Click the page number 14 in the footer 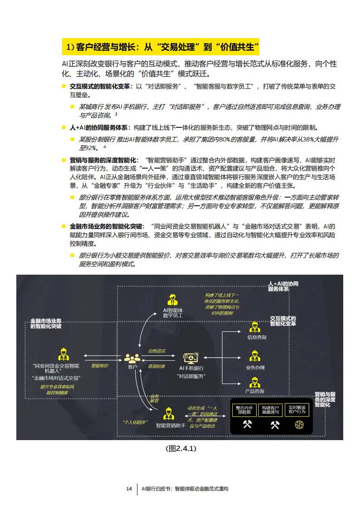coord(129,489)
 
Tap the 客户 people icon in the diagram coord(132,358)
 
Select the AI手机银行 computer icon coord(191,358)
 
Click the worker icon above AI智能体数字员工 coord(172,300)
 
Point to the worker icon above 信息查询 coord(254,327)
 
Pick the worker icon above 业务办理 coord(254,356)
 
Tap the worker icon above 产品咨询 coord(254,382)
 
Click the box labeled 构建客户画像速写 coord(271,409)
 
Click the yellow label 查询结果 coord(156,366)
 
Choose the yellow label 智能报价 coord(100,366)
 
